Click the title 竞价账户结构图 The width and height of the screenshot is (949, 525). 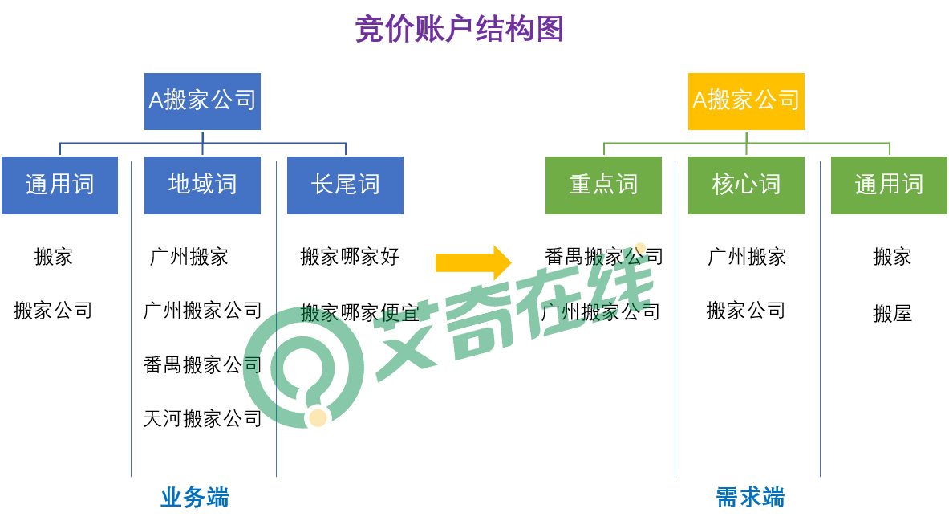pyautogui.click(x=460, y=29)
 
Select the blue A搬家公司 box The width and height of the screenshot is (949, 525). pyautogui.click(x=202, y=101)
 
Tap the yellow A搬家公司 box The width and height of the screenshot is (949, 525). pyautogui.click(x=746, y=101)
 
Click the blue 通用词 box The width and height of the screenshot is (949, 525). pyautogui.click(x=59, y=185)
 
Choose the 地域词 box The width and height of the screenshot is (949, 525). pyautogui.click(x=202, y=185)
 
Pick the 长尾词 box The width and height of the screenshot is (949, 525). pyautogui.click(x=345, y=185)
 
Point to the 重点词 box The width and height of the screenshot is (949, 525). pyautogui.click(x=603, y=185)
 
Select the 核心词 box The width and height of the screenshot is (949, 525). pyautogui.click(x=746, y=185)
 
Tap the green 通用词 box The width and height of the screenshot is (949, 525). pyautogui.click(x=889, y=185)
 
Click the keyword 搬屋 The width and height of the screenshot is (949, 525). pyautogui.click(x=892, y=313)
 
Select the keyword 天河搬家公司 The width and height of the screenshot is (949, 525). pyautogui.click(x=203, y=418)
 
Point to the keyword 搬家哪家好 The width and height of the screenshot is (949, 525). pyautogui.click(x=351, y=257)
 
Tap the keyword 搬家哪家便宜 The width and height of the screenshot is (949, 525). pyautogui.click(x=360, y=313)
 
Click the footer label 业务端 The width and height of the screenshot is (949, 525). pyautogui.click(x=195, y=498)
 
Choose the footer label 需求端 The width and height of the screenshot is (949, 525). pyautogui.click(x=751, y=498)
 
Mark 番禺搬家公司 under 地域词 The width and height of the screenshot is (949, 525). pyautogui.click(x=203, y=364)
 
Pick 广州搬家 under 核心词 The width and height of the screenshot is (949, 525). pyautogui.click(x=747, y=257)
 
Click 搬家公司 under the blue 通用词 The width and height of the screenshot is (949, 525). pyautogui.click(x=53, y=311)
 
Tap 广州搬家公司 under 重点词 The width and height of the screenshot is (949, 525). pyautogui.click(x=600, y=312)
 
